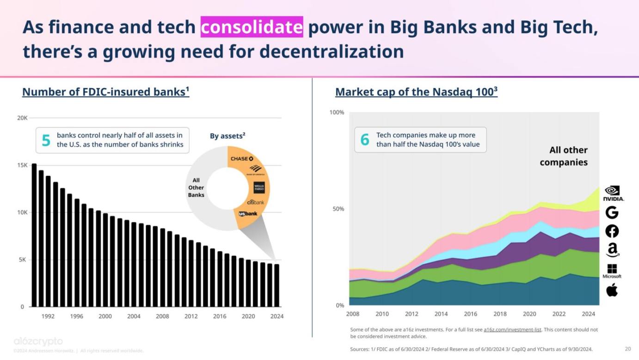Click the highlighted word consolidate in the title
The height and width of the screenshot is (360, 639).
tap(252, 27)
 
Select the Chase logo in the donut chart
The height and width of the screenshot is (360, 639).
tap(242, 159)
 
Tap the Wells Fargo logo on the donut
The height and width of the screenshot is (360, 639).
tap(259, 188)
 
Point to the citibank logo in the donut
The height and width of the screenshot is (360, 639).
tap(255, 203)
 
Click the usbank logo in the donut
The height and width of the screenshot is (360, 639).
tap(248, 214)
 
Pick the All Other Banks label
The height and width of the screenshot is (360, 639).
tap(196, 187)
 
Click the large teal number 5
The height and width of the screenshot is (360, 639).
tap(46, 140)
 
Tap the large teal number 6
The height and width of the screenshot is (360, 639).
tap(365, 140)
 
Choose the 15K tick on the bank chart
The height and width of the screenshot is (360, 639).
tap(22, 165)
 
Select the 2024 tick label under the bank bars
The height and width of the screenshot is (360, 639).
tap(276, 317)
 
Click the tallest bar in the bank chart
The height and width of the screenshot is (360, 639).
tap(34, 235)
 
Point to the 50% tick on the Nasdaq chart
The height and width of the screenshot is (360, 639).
tap(339, 209)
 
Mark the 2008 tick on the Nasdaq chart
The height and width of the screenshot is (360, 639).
tap(352, 314)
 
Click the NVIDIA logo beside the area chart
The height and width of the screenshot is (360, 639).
tap(613, 193)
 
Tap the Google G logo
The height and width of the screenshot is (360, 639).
tap(612, 212)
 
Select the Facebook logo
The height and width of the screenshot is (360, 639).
tap(612, 231)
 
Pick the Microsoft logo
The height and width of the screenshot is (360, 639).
tap(612, 271)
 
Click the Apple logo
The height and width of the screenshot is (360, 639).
tap(612, 290)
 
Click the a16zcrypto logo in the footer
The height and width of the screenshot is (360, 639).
tap(38, 341)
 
